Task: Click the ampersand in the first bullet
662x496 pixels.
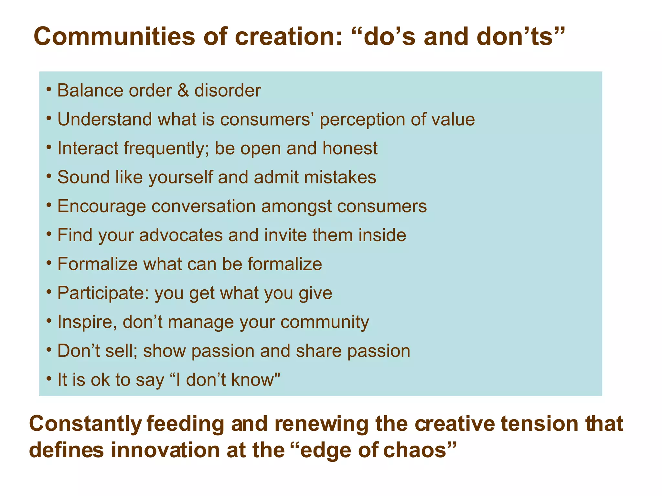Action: click(x=183, y=90)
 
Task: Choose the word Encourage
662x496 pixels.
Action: click(x=101, y=207)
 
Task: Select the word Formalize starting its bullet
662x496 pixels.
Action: click(x=98, y=264)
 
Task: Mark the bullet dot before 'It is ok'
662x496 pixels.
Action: click(x=49, y=377)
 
